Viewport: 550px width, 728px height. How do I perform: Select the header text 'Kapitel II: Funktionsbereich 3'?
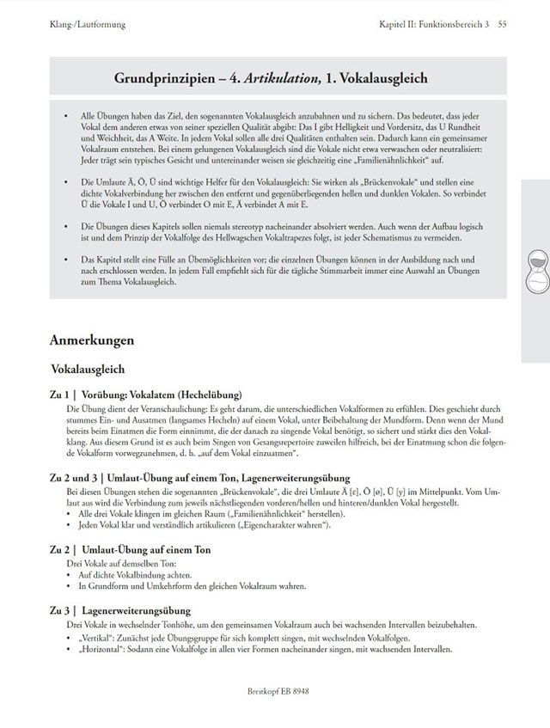434,24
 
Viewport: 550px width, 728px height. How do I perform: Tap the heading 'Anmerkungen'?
92,340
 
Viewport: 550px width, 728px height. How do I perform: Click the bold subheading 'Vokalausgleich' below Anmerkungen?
89,370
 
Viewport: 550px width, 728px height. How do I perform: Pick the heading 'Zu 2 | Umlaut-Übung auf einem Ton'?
143,548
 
